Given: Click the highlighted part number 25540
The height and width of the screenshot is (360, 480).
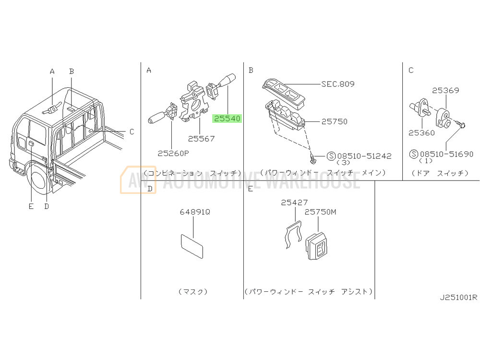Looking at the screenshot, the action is [227, 119].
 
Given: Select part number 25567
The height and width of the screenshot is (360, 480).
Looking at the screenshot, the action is [201, 139].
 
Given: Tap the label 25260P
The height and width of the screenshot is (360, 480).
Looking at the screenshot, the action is [173, 153].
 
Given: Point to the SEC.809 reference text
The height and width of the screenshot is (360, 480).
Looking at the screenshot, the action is [338, 84].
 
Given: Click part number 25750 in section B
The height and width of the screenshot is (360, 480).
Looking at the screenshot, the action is [334, 121].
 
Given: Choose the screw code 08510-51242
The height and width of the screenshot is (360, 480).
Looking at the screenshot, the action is [364, 156].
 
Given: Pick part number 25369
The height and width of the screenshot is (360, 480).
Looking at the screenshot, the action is [445, 90].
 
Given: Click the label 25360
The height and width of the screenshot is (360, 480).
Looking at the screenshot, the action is [421, 132].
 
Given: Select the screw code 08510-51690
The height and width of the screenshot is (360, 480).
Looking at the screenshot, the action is [446, 154].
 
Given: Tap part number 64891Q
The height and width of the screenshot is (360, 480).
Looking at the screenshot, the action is [195, 212].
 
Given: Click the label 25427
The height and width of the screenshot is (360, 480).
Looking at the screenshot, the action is [294, 203].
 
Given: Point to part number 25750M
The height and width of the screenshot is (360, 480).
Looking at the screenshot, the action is [321, 212].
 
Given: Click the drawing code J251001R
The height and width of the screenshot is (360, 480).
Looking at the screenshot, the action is [458, 297].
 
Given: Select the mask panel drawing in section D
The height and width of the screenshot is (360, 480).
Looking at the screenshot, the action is [192, 246].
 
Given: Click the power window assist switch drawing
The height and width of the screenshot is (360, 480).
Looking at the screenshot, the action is [316, 246].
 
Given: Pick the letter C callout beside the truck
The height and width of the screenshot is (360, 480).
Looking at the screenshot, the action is [132, 132].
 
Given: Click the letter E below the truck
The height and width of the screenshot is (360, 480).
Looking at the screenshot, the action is [31, 206].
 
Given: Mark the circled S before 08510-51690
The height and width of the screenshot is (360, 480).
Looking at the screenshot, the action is [414, 154].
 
